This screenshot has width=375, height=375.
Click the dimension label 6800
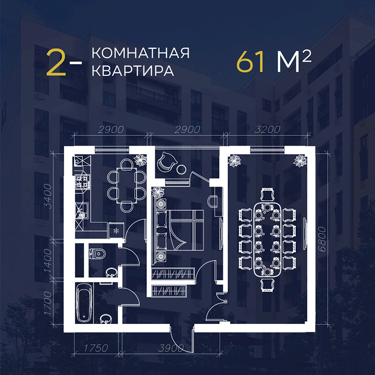pos(322,239)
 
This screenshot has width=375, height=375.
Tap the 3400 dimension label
pos(48,196)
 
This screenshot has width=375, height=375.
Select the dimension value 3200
pos(267,130)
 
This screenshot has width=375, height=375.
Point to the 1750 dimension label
pos(96,348)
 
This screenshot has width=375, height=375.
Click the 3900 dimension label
pos(171,348)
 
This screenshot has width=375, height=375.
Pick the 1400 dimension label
pos(48,261)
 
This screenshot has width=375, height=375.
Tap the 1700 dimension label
pos(48,303)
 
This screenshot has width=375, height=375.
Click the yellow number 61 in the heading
pos(250,62)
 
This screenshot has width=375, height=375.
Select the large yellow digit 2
pos(56,62)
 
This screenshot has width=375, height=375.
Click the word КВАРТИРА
pos(133,71)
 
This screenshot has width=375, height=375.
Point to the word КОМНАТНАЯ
pos(141,53)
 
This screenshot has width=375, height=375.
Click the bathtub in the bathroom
pos(84,304)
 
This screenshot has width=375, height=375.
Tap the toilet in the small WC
pos(97,254)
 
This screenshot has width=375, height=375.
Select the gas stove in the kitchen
pos(82,182)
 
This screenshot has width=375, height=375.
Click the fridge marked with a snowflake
pos(116,231)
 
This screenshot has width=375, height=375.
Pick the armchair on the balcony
pos(167,161)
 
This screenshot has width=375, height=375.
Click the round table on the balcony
pos(181,169)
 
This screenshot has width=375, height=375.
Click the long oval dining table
pos(267,240)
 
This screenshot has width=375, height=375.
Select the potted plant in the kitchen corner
pos(140,160)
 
